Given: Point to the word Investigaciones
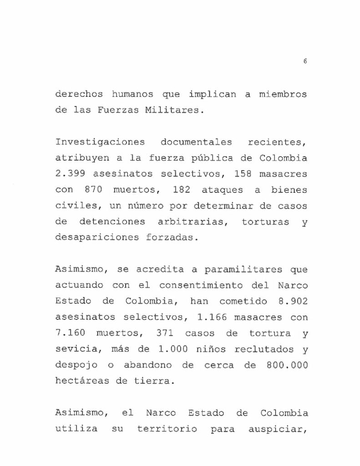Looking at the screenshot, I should click(100, 142).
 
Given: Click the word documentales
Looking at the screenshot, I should click(196, 142).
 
